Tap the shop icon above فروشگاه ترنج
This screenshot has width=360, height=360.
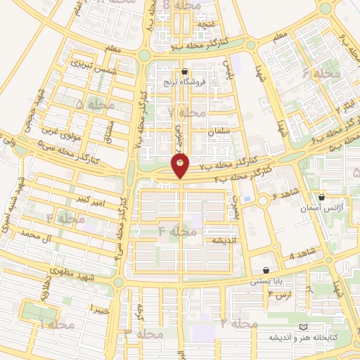point(185,71)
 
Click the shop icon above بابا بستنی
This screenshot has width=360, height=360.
point(265,270)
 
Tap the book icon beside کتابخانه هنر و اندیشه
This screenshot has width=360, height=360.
point(303,328)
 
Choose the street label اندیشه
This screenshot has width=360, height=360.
point(217,240)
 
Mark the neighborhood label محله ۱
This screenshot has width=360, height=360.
point(57,325)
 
